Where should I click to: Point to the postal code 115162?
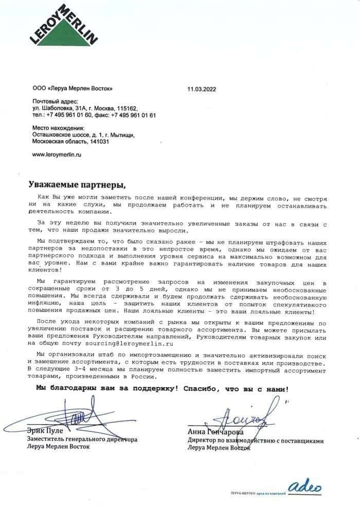(125, 108)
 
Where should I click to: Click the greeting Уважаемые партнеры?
(76, 184)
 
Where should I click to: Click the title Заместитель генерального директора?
(82, 440)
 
